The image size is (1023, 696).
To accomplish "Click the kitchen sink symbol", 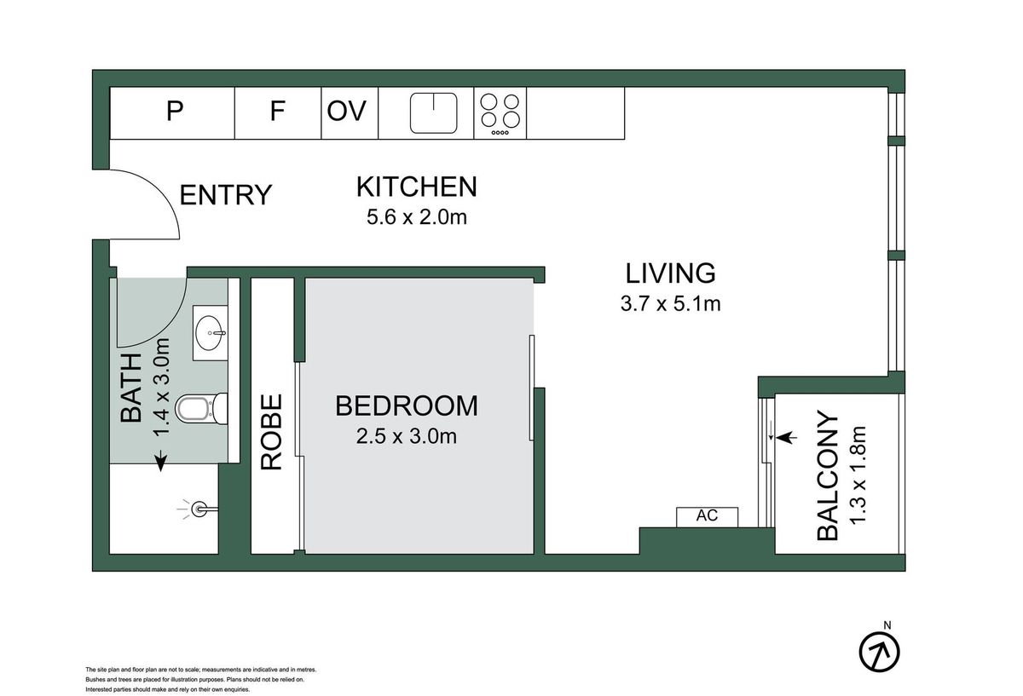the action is [433, 113].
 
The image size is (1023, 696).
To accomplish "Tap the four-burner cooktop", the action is [500, 113].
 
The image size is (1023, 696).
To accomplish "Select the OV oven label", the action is [347, 111].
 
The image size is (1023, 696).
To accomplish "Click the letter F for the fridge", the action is [278, 111].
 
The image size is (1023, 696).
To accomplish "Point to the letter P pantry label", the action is [175, 111].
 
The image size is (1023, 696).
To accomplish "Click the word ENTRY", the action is [226, 195].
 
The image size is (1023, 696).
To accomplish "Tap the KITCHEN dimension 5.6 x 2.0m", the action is [417, 217].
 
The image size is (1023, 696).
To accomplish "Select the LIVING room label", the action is [670, 273].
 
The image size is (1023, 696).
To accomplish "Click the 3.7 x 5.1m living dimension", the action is [670, 303].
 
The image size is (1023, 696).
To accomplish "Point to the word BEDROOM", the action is [407, 406].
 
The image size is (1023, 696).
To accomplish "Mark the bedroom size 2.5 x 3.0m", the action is [407, 436].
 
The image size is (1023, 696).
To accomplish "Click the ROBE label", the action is [271, 432].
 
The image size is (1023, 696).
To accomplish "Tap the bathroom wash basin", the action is [211, 333].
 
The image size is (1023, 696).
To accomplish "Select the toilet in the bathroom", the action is [201, 408].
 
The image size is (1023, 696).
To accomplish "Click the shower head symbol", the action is [198, 509].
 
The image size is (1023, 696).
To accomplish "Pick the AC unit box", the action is [707, 517].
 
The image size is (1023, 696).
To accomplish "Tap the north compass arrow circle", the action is [879, 652].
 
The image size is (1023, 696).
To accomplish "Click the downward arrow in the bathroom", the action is [161, 460].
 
